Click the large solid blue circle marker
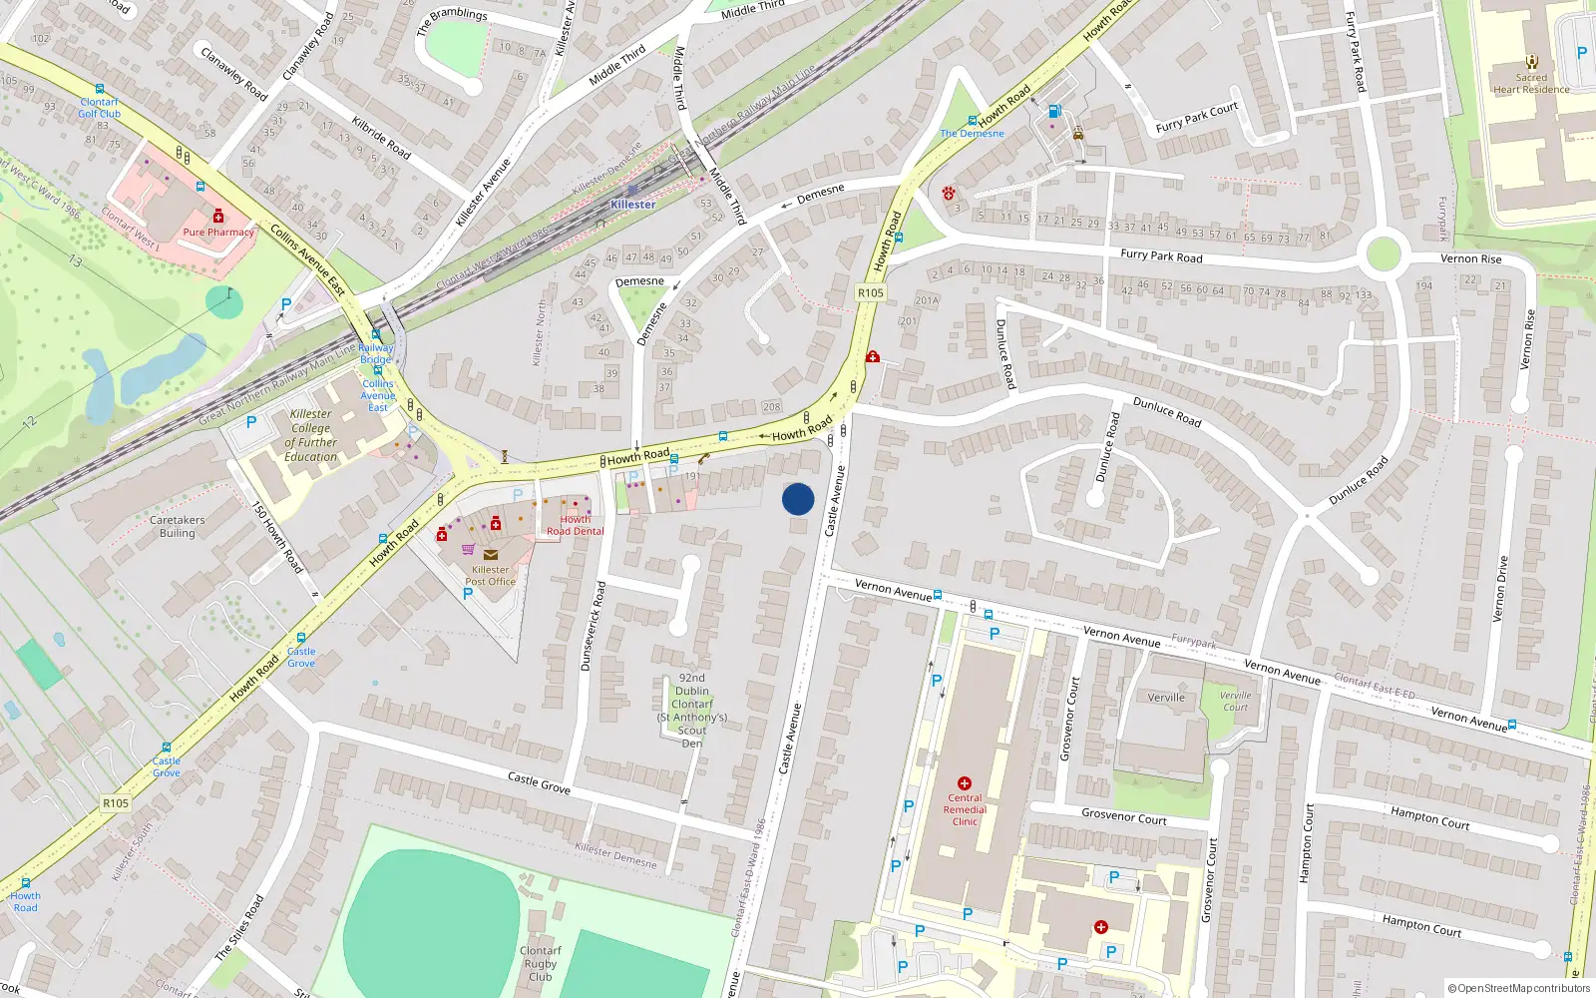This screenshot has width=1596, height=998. (798, 499)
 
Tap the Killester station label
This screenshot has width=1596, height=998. (633, 205)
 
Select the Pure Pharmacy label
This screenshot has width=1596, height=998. (218, 233)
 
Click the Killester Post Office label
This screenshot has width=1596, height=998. (490, 576)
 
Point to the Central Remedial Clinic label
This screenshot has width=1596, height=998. (965, 809)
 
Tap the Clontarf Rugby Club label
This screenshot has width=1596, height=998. (541, 964)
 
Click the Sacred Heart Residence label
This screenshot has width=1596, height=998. (1531, 84)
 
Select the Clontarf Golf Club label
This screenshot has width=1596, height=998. (100, 108)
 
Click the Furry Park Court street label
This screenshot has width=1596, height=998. (1197, 118)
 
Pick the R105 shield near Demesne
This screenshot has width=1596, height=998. (870, 292)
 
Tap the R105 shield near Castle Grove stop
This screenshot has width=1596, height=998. (116, 803)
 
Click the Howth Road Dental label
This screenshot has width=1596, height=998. (575, 526)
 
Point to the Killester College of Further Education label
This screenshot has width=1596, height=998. (311, 435)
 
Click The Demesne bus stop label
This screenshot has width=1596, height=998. (972, 134)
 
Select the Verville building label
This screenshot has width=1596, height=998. (1166, 698)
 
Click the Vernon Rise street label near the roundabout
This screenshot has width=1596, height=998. (1470, 258)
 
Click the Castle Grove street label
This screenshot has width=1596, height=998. (539, 783)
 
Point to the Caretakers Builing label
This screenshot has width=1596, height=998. (178, 526)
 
